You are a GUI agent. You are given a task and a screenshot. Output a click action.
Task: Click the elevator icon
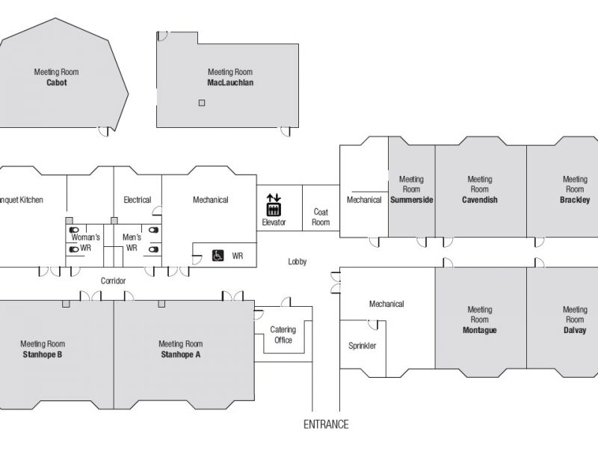274,205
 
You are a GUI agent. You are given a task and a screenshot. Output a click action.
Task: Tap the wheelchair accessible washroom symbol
218,255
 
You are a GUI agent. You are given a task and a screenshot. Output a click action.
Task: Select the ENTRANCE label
326,424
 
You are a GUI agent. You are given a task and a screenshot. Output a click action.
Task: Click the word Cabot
57,82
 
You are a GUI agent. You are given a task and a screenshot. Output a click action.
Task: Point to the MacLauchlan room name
230,82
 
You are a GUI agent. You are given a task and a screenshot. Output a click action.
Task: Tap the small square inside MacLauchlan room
202,103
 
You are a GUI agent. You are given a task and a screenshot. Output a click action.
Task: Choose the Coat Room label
321,217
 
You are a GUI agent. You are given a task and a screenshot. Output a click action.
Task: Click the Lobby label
297,261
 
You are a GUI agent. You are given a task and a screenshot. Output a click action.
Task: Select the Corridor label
113,281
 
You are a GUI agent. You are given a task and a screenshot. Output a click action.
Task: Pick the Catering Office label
283,335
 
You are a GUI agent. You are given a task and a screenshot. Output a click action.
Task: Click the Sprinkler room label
362,346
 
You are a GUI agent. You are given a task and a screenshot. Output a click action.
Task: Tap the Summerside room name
412,200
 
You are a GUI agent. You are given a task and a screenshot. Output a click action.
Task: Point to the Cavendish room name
480,200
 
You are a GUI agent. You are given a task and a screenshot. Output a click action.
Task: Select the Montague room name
479,330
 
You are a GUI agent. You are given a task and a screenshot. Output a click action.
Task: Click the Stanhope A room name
180,354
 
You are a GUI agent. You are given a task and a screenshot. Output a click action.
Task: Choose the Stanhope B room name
43,354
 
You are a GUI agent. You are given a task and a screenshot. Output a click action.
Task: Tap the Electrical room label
138,200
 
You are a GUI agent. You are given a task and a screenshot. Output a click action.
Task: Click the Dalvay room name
575,330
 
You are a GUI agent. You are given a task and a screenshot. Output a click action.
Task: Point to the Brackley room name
575,200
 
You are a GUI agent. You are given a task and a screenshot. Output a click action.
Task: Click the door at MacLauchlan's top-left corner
162,36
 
